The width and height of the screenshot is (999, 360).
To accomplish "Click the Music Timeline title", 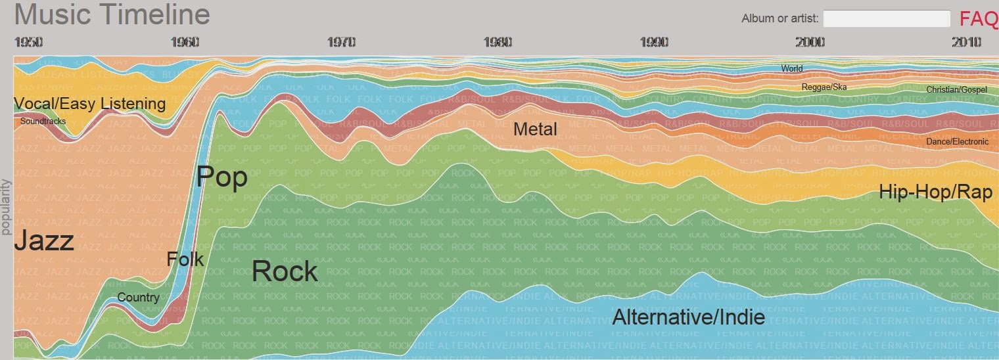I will [112, 14].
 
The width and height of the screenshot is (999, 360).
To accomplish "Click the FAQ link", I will [979, 18].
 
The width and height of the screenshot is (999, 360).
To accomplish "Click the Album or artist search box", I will [887, 18].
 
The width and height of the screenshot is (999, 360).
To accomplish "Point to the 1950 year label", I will [28, 43].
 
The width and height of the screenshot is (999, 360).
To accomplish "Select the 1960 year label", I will [185, 43].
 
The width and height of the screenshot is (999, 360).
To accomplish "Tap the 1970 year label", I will [341, 43].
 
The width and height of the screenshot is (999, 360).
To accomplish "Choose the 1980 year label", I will [498, 43].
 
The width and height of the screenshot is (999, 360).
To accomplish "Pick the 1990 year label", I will [654, 43].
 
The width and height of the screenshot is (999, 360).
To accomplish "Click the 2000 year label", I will [810, 43].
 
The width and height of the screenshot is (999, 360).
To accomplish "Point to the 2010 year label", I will [966, 43].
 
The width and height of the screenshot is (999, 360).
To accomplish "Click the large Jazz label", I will [44, 241].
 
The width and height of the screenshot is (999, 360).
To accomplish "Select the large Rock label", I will [285, 271].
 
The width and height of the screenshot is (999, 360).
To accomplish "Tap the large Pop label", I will [222, 177].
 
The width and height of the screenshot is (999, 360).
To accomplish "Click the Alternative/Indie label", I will [689, 318].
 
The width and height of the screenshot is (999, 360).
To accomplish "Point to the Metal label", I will [535, 129].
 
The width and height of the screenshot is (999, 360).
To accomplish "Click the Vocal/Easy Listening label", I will [90, 104].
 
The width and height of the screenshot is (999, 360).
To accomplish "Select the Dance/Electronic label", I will [957, 141].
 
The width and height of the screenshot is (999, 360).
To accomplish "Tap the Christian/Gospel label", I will [956, 89].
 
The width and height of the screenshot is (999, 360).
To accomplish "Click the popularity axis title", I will [7, 206].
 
